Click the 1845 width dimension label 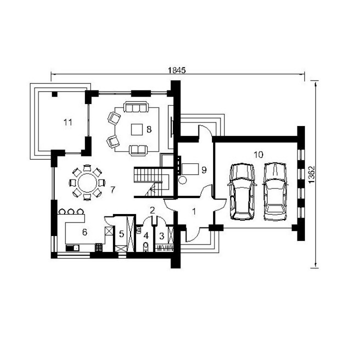[176, 70]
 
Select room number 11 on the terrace [67, 122]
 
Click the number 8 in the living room [149, 129]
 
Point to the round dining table [87, 183]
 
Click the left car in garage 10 [242, 191]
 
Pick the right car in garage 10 [275, 191]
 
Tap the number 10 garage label [258, 154]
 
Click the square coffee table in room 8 [137, 129]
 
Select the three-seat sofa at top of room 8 [135, 106]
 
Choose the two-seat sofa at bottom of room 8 [138, 150]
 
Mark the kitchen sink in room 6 [72, 248]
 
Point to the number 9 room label [204, 170]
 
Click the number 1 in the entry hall [194, 211]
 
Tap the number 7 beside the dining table [112, 189]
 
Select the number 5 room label [121, 234]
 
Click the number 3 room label [161, 236]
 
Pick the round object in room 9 [183, 180]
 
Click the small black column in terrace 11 [54, 94]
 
